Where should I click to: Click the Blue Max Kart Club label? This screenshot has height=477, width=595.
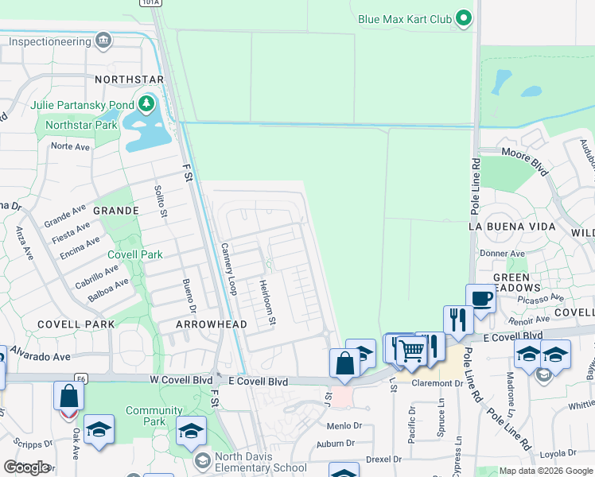404,18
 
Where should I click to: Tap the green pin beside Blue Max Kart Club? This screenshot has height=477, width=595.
465,18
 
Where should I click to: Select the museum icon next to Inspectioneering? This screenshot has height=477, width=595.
103,40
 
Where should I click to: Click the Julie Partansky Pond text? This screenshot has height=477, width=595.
81,104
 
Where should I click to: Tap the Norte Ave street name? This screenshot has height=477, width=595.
70,146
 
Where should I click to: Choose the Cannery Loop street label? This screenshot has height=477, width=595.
229,269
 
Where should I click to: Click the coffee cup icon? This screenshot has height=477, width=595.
480,299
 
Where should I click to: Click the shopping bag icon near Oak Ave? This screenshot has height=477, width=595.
69,396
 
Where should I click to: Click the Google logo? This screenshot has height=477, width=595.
26,467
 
